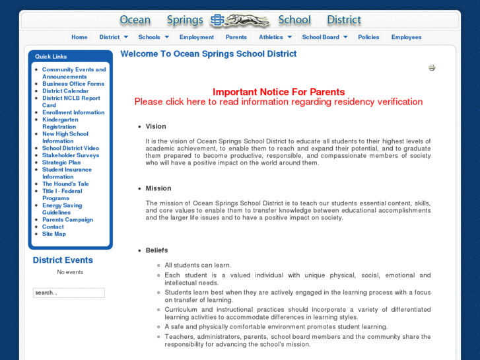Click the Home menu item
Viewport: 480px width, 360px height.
(x=79, y=37)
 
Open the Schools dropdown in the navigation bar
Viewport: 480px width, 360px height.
(x=153, y=37)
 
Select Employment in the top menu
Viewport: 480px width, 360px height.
(x=196, y=37)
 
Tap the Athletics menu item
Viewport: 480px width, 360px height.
(x=275, y=37)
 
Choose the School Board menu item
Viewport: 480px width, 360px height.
(x=324, y=37)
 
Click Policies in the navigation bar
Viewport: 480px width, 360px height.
(x=368, y=37)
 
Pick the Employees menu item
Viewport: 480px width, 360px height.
(x=406, y=37)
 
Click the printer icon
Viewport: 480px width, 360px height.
(x=432, y=67)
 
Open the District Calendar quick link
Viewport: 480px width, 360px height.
(x=65, y=91)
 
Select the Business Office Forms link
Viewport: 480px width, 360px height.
(x=73, y=84)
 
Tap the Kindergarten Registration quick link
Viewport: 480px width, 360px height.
(x=60, y=123)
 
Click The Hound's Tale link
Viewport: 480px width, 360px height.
(x=65, y=184)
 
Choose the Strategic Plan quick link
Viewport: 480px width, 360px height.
(x=61, y=162)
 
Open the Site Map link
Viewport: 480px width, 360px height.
(x=54, y=234)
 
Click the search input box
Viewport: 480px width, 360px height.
(x=69, y=293)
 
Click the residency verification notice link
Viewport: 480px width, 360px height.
(x=278, y=102)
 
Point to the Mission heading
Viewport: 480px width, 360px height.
(x=158, y=188)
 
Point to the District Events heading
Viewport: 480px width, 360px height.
(x=63, y=260)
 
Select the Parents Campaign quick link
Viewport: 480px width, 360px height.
(x=67, y=219)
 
